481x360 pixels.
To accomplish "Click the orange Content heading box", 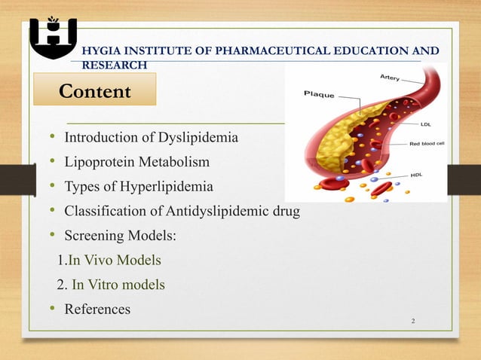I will click(94, 91).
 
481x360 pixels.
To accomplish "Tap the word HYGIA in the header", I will click(106, 51).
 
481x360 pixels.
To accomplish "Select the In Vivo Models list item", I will click(114, 261).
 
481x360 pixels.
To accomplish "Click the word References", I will click(97, 309).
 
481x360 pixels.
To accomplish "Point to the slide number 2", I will click(413, 322).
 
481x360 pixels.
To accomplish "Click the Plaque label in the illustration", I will click(319, 94).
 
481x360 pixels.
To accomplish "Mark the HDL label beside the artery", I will click(416, 175).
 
